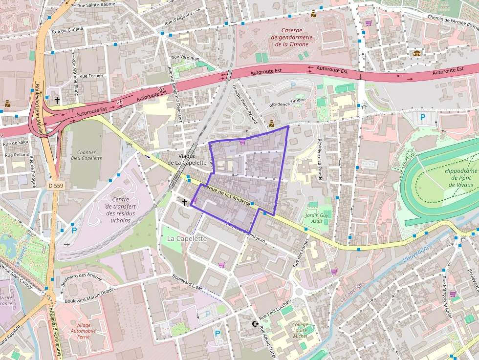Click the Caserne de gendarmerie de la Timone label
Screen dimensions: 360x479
point(291,37)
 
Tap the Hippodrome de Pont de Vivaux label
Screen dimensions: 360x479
point(461,178)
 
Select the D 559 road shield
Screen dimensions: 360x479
point(57,186)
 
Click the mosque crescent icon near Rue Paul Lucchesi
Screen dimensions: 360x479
point(255,324)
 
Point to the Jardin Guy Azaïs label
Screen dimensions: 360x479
point(317,218)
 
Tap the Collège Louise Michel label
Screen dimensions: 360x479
point(300,330)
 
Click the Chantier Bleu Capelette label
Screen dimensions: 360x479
point(87,155)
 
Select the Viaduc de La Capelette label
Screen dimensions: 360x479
point(183,159)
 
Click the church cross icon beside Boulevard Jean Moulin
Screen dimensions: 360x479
point(57,101)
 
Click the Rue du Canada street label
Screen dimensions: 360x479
point(70,29)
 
